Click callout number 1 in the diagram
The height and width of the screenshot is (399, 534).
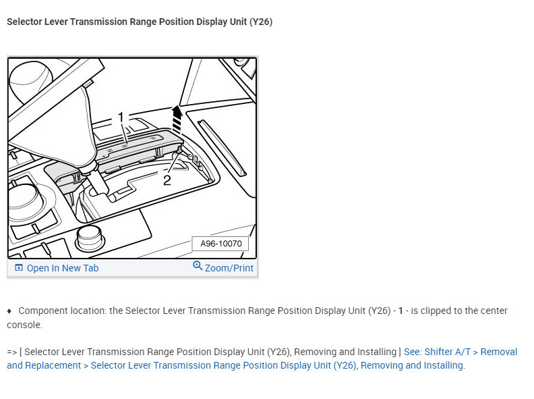121,117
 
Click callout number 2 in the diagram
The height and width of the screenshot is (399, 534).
167,180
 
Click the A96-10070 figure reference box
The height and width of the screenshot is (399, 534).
220,244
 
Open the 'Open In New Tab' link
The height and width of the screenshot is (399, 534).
62,268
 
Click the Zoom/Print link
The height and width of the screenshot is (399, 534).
229,268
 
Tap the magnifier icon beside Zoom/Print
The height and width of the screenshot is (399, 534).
198,266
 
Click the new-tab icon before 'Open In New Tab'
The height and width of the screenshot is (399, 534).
19,268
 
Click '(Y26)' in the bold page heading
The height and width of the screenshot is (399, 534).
260,22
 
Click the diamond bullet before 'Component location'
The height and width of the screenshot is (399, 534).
9,311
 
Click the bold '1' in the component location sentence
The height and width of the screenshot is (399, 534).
400,311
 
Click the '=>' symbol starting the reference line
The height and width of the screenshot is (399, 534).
12,352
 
